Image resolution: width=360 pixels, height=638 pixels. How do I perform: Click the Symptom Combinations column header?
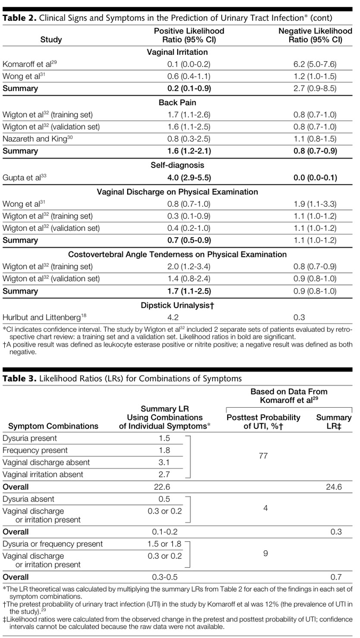(51, 426)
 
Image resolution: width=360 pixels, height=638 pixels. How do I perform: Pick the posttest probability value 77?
(263, 456)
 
